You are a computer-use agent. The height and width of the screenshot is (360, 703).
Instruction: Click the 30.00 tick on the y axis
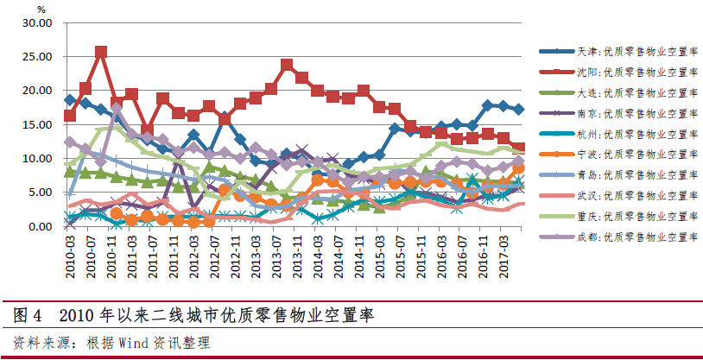[35, 22]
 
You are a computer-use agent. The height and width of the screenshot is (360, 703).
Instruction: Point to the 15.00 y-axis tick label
[35, 124]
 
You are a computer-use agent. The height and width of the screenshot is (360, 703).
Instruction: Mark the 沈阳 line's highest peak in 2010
[101, 53]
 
